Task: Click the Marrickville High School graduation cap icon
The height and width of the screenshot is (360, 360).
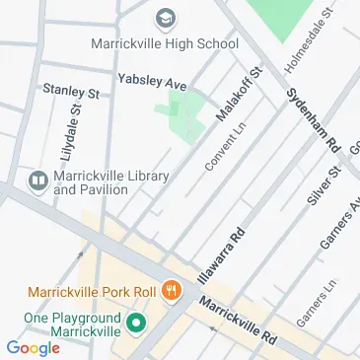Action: click(165, 20)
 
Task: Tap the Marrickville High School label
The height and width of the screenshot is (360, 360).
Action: click(165, 44)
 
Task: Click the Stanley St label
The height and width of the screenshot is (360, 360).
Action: click(71, 91)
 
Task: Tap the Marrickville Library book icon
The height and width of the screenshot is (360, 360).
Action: click(38, 180)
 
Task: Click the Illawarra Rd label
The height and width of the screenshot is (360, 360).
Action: click(222, 255)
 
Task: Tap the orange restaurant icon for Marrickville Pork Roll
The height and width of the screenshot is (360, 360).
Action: click(172, 291)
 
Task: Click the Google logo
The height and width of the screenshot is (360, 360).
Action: click(33, 346)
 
